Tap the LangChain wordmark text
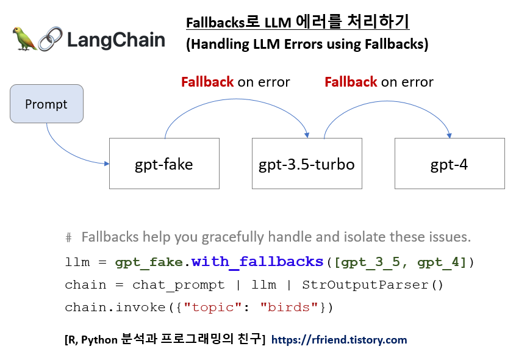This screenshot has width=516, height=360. [116, 40]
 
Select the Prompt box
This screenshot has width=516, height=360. [46, 104]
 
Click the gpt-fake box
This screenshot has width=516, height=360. [163, 164]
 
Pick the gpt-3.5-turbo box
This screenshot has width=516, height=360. [306, 164]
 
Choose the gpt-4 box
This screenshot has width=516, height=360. [450, 164]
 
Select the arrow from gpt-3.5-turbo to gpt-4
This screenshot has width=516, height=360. [388, 104]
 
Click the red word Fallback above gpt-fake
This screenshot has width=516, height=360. [207, 82]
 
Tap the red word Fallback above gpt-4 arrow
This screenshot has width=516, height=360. [351, 82]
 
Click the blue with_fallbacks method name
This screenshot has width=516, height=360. [257, 262]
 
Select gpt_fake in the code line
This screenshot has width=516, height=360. [149, 263]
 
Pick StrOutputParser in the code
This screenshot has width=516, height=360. [364, 285]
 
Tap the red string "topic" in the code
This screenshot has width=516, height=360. [213, 308]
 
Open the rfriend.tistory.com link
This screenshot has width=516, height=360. [339, 340]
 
